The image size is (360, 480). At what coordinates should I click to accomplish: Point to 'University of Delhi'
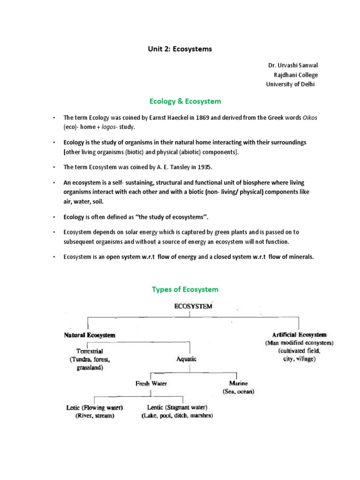pos(291,84)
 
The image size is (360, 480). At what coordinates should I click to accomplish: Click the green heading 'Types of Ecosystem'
pos(185,289)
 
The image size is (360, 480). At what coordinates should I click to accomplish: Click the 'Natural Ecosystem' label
pos(90,336)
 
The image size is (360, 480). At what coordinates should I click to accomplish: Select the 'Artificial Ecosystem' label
pos(300,335)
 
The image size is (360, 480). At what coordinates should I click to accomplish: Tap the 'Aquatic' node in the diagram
pos(187,359)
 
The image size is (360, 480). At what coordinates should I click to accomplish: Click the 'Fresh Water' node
pos(151,383)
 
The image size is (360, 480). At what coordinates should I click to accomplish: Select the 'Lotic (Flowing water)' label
pos(97,407)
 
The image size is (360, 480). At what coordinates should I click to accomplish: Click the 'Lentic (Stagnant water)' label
pos(177,407)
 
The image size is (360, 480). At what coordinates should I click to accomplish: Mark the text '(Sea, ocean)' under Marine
pos(238,391)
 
